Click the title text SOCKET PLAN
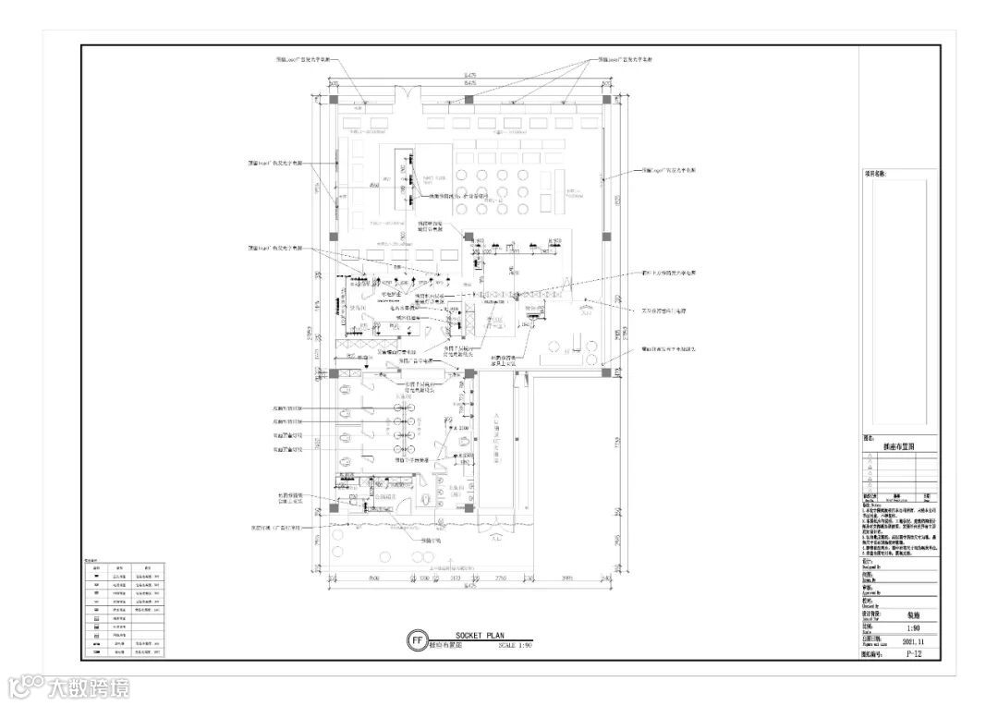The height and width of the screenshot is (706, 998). pos(477,635)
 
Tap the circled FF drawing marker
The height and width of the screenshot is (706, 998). pos(417,639)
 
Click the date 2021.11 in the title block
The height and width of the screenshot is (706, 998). pos(912,639)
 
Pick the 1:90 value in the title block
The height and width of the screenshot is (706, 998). pos(912,627)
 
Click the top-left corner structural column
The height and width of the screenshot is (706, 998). pos(334,99)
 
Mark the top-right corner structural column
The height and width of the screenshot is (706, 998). pos(606,99)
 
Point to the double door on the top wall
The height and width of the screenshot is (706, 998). pos(408,96)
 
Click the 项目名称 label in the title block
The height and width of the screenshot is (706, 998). pos(875,173)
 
